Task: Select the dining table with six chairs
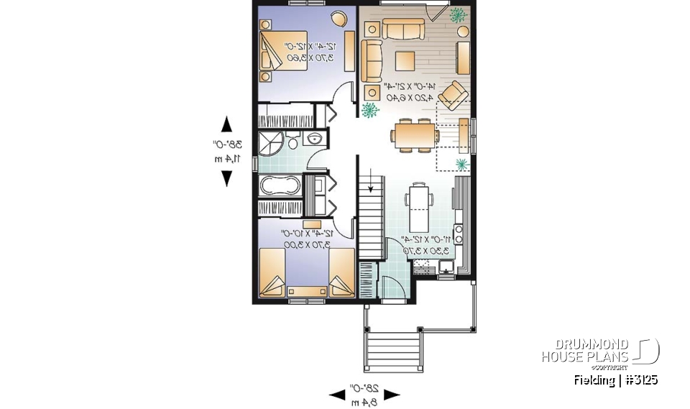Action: click(x=415, y=134)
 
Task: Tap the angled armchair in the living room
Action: click(x=453, y=94)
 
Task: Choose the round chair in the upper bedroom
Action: click(x=338, y=18)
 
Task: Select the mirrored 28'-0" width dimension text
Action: click(x=364, y=394)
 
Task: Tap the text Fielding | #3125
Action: click(x=616, y=380)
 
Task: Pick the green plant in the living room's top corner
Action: click(x=456, y=14)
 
